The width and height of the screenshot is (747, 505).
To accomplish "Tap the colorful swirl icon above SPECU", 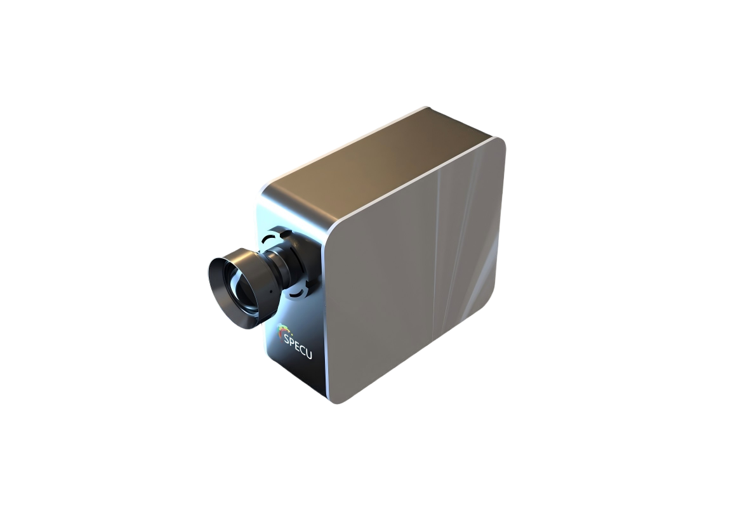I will click(285, 331).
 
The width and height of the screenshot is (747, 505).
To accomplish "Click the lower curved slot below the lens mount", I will click(299, 293).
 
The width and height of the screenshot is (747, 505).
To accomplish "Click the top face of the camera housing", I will click(374, 165).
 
